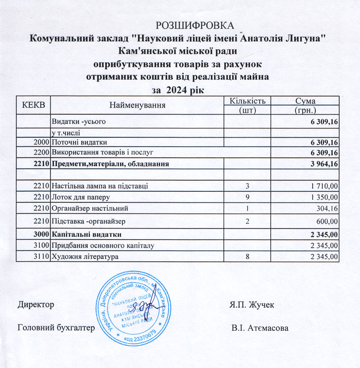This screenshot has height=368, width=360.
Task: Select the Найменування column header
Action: [x=137, y=105]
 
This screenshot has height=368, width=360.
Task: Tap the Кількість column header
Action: [x=247, y=101]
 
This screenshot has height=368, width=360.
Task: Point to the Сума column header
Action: [x=305, y=101]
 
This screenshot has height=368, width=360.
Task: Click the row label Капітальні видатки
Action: [x=87, y=234]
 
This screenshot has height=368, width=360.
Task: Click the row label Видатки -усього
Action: [x=79, y=121]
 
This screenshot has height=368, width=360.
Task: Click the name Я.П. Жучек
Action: [x=252, y=305]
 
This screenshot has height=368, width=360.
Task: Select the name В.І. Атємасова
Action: [x=260, y=328]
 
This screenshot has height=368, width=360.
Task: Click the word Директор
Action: [x=36, y=305]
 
